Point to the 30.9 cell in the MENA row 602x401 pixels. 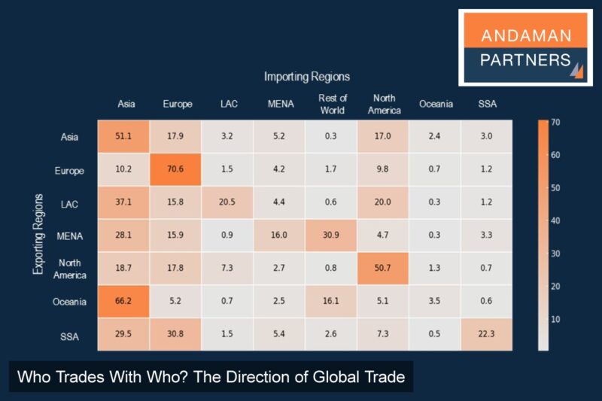(x=332, y=235)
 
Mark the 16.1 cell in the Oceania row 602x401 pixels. (x=332, y=302)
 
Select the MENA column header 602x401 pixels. (x=280, y=104)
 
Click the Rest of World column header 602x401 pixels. (x=332, y=104)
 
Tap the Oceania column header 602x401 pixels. (x=436, y=104)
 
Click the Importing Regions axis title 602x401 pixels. (x=307, y=77)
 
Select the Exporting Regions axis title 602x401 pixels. (x=38, y=235)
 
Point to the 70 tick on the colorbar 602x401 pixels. (x=555, y=122)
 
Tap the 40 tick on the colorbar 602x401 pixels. (x=555, y=220)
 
